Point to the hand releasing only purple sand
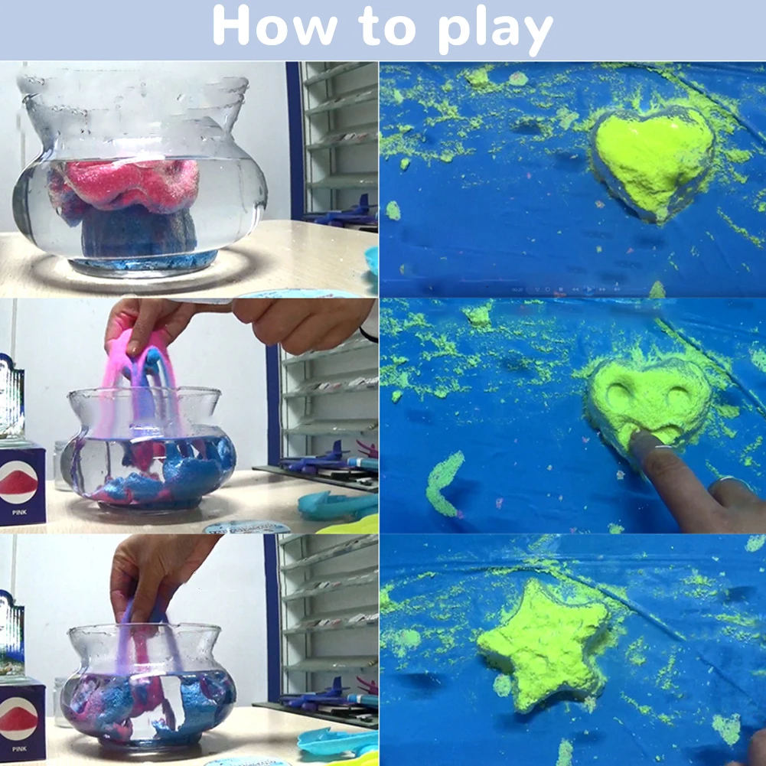click(x=157, y=570)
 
